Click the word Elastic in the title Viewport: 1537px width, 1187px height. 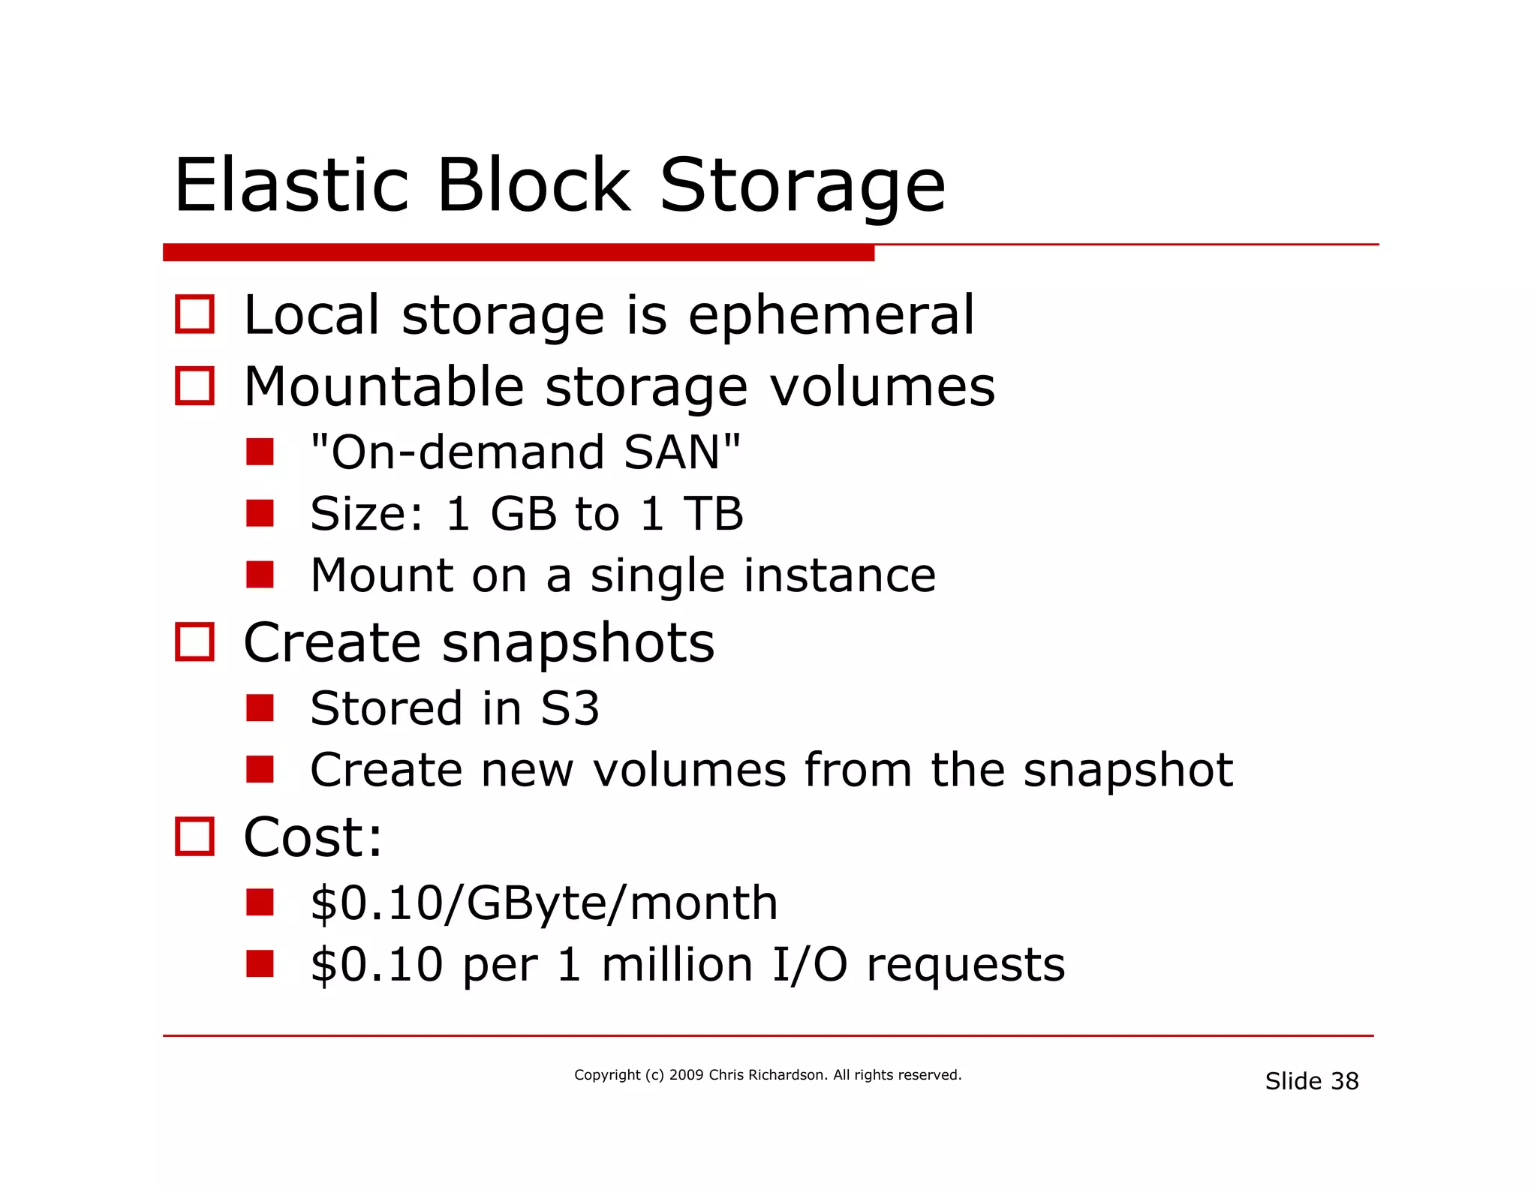[x=291, y=185]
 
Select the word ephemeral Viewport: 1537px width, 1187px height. [x=831, y=315]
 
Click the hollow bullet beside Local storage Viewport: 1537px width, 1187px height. [x=194, y=314]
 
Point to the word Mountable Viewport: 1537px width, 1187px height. [x=383, y=387]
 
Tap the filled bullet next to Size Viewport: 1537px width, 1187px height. [x=260, y=514]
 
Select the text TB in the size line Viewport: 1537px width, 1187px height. [x=712, y=515]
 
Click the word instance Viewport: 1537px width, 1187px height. [x=839, y=575]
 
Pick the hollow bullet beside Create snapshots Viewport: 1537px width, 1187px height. [x=194, y=642]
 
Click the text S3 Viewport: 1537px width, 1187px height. [x=570, y=708]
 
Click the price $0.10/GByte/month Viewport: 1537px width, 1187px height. [x=544, y=903]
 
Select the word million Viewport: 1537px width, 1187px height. [x=677, y=965]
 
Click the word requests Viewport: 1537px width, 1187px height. [x=965, y=966]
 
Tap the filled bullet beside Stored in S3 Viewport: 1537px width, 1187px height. [x=260, y=708]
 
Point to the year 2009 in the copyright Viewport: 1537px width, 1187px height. [x=686, y=1075]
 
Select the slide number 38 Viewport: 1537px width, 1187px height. [x=1344, y=1081]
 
